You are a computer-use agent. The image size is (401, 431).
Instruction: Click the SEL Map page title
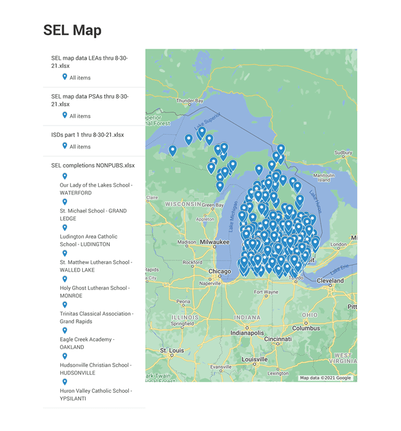click(72, 30)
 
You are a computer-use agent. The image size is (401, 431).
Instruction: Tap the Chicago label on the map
click(220, 272)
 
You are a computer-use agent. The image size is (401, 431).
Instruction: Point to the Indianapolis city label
click(247, 332)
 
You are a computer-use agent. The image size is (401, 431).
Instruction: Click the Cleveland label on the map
click(330, 280)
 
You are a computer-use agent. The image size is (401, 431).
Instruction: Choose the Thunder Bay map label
click(189, 100)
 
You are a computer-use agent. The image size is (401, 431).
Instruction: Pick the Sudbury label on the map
click(342, 153)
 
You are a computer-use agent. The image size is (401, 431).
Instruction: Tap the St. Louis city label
click(172, 350)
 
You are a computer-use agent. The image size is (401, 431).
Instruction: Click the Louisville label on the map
click(255, 359)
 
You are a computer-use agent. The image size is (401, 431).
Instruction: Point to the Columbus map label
click(306, 328)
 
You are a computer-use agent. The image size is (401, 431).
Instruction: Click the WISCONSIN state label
click(183, 204)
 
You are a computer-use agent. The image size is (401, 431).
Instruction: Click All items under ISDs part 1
click(80, 147)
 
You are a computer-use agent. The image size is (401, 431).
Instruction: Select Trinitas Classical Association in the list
click(96, 318)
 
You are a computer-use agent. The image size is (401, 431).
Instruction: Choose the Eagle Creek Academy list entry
click(87, 343)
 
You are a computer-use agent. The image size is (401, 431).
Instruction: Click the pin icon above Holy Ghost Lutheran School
click(65, 279)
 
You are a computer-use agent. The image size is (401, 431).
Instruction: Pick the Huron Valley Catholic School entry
click(94, 394)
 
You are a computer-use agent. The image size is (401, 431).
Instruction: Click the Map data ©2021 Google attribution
click(325, 377)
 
